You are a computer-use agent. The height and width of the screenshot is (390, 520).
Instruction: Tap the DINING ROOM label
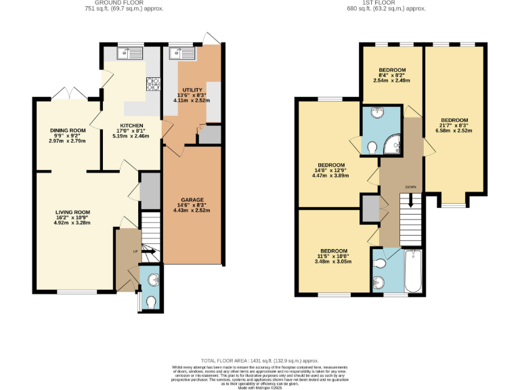click(67, 131)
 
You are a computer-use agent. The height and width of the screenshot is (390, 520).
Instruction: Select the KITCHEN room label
click(131, 126)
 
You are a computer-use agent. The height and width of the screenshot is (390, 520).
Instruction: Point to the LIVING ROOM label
click(72, 212)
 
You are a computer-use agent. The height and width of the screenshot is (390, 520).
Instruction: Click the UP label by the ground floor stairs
click(135, 251)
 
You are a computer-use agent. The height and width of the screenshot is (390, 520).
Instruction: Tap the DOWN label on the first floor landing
click(410, 187)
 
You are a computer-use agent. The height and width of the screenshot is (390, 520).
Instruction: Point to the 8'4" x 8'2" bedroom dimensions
click(392, 76)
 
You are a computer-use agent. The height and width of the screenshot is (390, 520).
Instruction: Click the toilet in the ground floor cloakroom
click(150, 301)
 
